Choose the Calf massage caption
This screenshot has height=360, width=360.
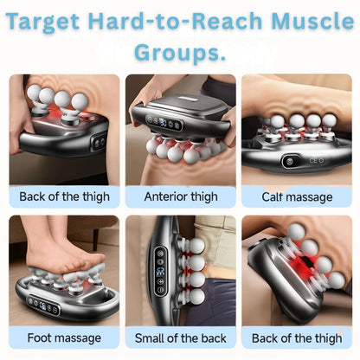coord(296,196)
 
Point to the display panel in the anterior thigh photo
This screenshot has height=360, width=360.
coord(164,123)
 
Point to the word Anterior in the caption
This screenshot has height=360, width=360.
coord(164,196)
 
